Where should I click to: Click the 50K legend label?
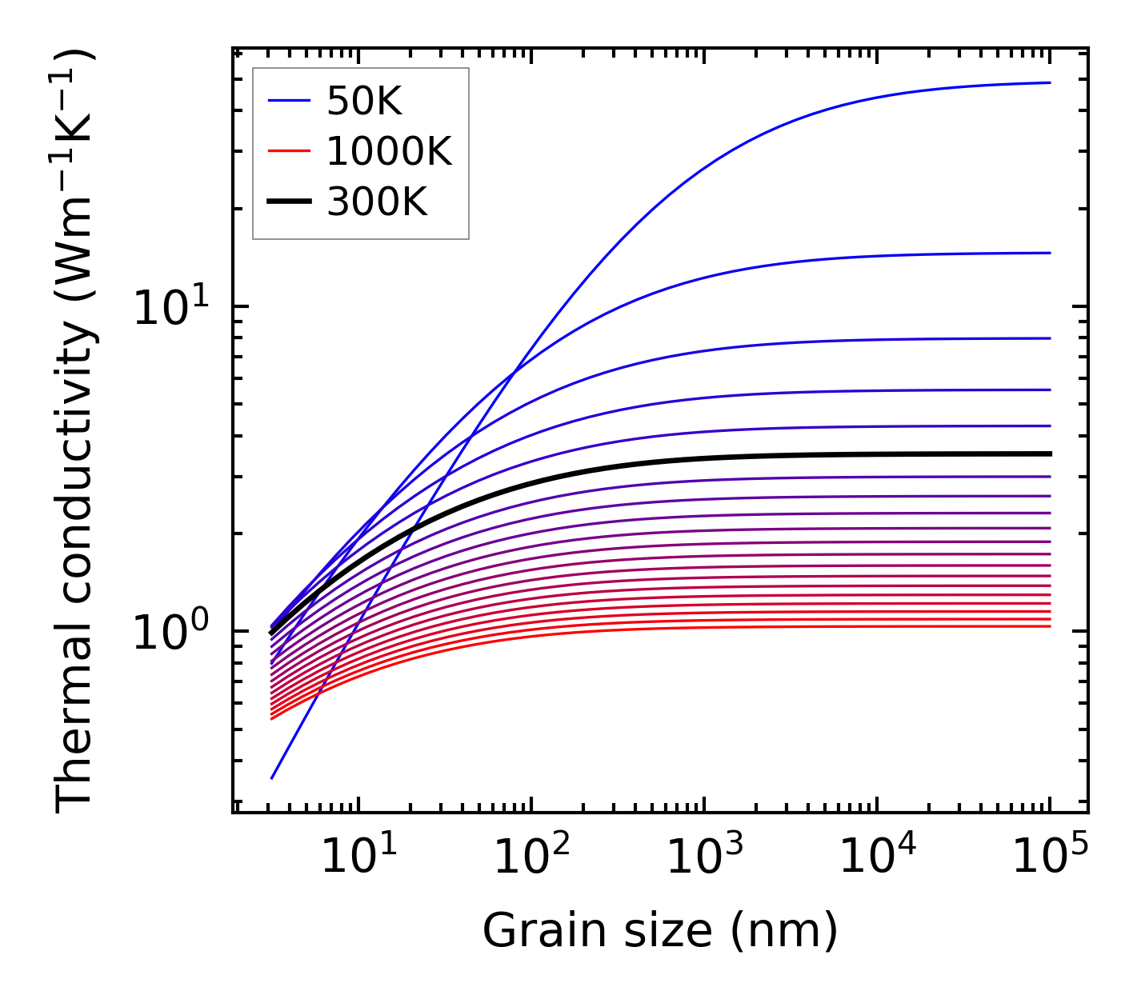click(364, 101)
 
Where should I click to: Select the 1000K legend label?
click(389, 151)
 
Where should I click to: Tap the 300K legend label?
click(377, 202)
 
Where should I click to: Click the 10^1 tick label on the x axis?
click(358, 858)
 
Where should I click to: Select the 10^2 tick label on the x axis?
click(531, 858)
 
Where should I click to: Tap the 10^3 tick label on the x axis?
click(704, 858)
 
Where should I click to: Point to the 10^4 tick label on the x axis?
click(877, 858)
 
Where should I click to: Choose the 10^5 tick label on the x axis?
click(1050, 858)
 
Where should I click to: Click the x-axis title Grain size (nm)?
click(660, 931)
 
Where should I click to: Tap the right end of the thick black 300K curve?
click(1049, 454)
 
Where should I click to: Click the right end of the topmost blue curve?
click(1049, 82)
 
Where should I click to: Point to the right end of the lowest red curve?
click(1049, 625)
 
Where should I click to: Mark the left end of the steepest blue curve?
click(272, 777)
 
